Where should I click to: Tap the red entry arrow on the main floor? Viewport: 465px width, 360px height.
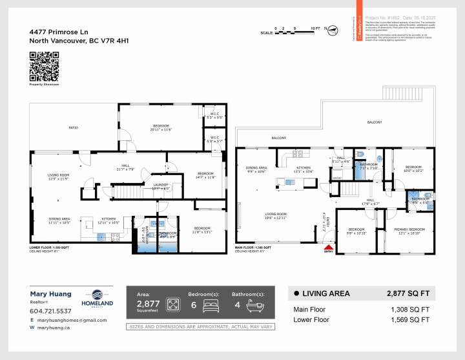(329, 247)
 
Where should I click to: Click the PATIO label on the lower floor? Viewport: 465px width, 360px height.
(74, 128)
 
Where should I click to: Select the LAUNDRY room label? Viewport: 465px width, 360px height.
(161, 186)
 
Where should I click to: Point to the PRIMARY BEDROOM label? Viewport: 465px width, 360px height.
(410, 230)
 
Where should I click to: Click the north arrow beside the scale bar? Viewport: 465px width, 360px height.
(327, 28)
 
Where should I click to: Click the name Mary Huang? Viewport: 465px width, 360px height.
(51, 293)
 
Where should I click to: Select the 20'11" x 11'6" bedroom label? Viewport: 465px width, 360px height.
(161, 128)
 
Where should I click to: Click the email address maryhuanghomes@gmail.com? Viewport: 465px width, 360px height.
(65, 320)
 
